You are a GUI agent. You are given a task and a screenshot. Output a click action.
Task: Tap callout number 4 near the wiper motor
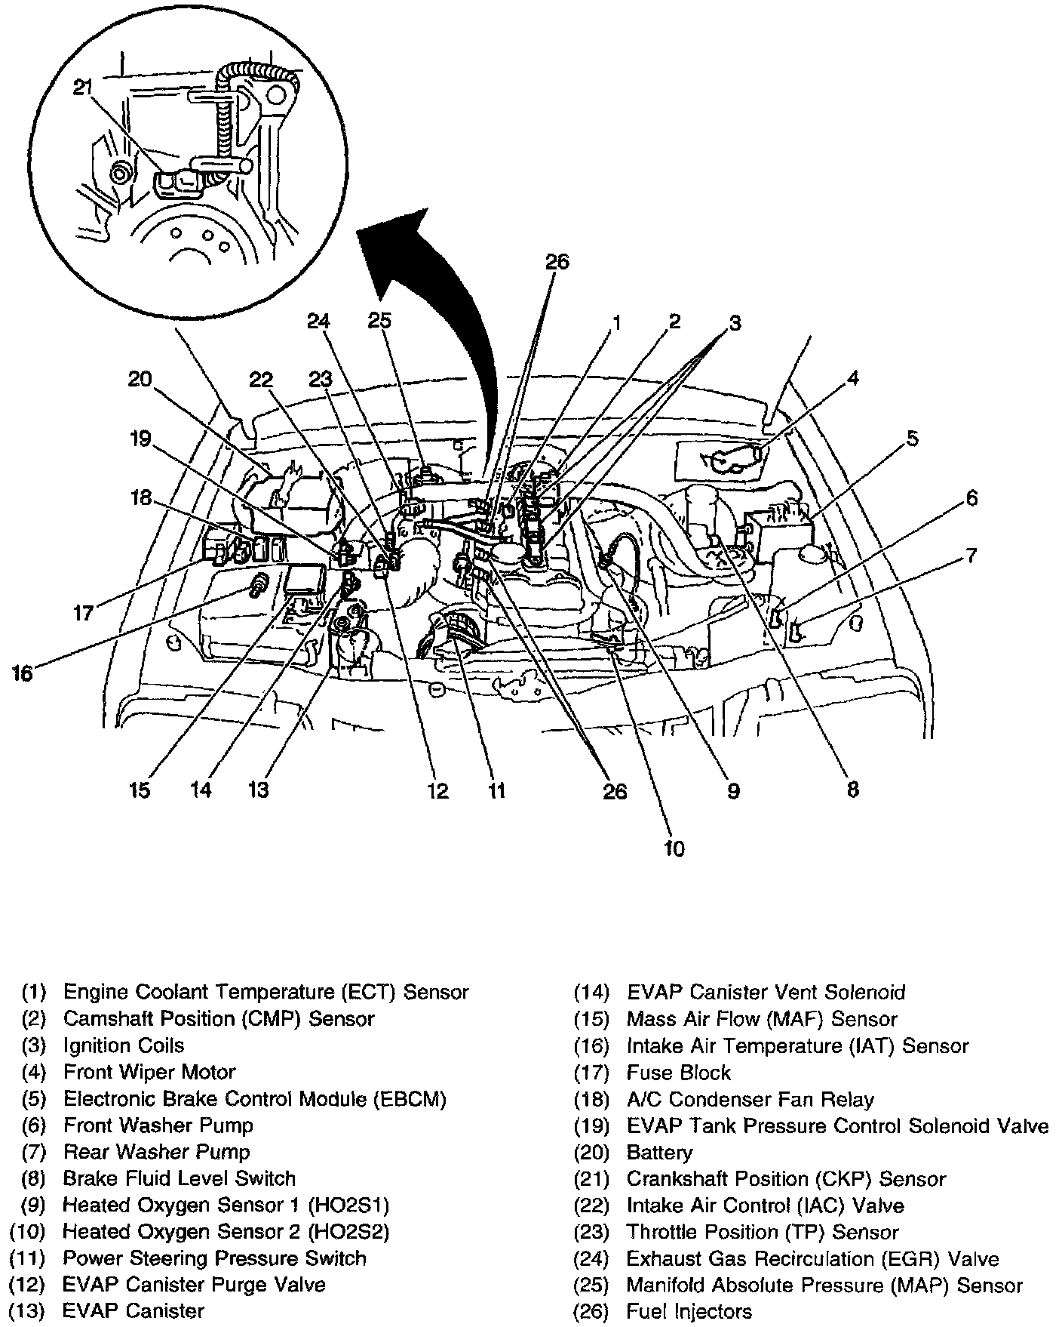[x=852, y=378]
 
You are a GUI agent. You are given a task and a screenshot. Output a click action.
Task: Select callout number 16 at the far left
[x=23, y=673]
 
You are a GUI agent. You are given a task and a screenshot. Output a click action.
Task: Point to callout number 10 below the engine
[x=674, y=848]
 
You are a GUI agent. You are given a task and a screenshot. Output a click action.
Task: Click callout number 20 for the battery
[x=140, y=379]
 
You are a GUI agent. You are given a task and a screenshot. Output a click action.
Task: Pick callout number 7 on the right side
[x=971, y=556]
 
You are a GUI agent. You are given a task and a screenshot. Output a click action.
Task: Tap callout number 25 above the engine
[x=379, y=320]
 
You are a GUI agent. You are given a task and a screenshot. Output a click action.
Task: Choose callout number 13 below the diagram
[x=258, y=790]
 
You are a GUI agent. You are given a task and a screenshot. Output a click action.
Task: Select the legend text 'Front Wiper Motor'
[x=149, y=1072]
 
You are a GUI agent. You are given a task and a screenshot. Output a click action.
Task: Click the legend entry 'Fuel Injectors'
[x=689, y=1311]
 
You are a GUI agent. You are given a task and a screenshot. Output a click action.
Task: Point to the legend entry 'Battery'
[x=658, y=1152]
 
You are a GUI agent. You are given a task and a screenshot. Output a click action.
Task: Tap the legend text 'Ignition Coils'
[x=124, y=1045]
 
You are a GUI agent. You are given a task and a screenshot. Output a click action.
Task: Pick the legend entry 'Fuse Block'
[x=679, y=1073]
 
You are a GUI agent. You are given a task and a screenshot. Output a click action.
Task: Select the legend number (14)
[x=591, y=993]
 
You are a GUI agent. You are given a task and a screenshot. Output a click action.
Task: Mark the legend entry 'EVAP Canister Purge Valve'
[x=194, y=1285]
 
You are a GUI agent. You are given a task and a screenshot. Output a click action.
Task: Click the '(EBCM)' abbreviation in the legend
[x=410, y=1098]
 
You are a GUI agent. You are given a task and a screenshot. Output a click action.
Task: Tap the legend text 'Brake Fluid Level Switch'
[x=179, y=1178]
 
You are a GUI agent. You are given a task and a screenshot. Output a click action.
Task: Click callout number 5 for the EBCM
[x=912, y=438]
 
